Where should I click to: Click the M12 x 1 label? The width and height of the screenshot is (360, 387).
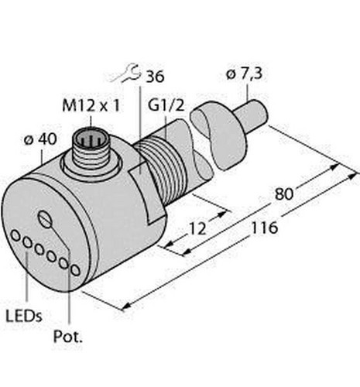click(91, 106)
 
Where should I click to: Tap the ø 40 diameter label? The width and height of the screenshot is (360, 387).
click(40, 139)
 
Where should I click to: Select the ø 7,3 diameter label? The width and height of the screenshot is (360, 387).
click(244, 74)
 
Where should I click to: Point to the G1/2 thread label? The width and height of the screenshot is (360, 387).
click(166, 105)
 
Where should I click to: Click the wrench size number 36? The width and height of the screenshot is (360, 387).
click(155, 77)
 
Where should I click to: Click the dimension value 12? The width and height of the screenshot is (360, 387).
click(198, 228)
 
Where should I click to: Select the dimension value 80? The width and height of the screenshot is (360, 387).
click(284, 194)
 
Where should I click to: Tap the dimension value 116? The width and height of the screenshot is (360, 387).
click(265, 228)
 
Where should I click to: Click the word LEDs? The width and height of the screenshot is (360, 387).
click(24, 316)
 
